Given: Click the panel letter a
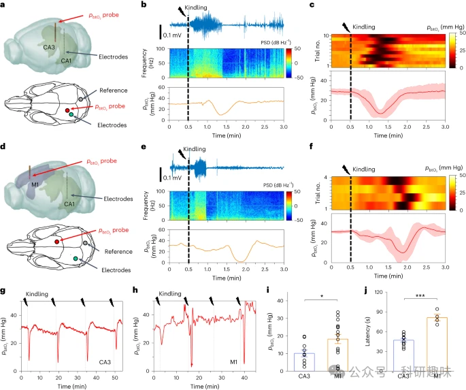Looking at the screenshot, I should [x=5, y=6].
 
